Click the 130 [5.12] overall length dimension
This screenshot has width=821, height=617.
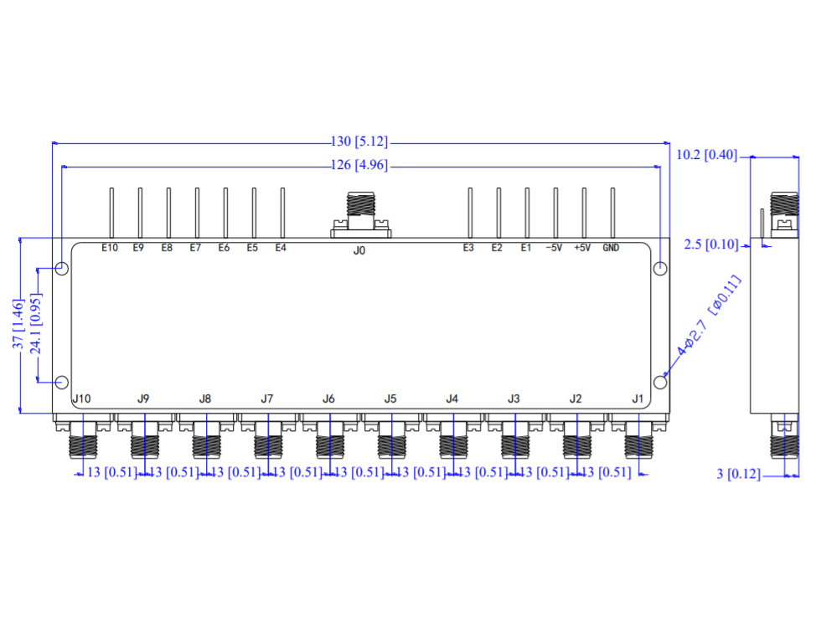point(360,142)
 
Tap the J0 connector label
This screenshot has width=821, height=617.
point(359,249)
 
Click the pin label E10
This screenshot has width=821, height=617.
point(110,248)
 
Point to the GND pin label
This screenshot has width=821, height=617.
point(611,248)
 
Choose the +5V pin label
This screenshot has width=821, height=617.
point(582,248)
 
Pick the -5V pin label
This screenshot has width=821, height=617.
point(554,248)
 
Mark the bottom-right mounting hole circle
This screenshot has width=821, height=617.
point(660,383)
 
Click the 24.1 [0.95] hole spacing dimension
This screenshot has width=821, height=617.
point(36,326)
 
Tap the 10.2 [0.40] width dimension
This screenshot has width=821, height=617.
point(706,156)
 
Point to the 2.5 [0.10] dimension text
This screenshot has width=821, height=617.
point(710,244)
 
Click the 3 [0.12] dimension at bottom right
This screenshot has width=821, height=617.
point(738,475)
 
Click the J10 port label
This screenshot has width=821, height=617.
point(81,398)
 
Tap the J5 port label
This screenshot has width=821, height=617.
point(390,398)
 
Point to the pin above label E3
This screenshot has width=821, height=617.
point(470,213)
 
